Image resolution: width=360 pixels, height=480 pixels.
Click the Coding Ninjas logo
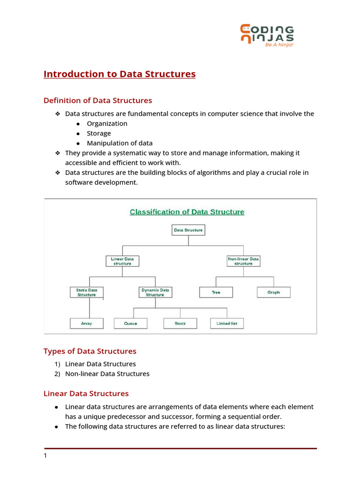point(267,36)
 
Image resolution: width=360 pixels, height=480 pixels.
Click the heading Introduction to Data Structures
point(120,74)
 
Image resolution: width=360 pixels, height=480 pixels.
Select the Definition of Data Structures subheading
point(97,100)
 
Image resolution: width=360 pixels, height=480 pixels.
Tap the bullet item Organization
point(107,124)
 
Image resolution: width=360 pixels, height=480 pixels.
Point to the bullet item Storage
point(99,134)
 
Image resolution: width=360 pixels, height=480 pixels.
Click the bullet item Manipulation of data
point(120,143)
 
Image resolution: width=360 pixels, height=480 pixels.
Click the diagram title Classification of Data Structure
point(187,212)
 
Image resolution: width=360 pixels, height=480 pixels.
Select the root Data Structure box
point(188,230)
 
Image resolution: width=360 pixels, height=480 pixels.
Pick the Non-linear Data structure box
point(243,261)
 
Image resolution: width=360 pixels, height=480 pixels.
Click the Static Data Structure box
point(86,292)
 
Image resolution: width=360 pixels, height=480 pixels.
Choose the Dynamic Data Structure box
point(155,292)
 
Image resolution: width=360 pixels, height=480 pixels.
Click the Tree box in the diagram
point(216,292)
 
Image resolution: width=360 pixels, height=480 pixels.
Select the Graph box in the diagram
point(274,292)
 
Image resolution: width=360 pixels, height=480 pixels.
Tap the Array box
point(86,323)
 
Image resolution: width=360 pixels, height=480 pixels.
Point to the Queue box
point(130,323)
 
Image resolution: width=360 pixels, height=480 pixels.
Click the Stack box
point(180,323)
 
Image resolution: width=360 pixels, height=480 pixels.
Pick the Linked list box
point(227,323)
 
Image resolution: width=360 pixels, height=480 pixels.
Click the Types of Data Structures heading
point(90,351)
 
